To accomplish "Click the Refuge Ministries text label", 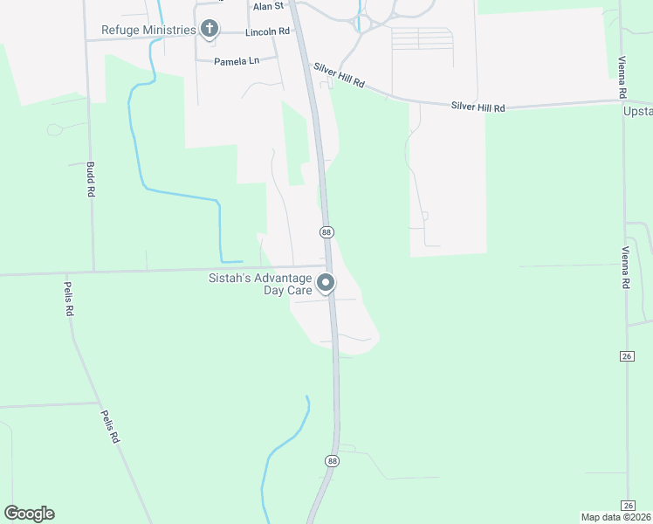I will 149,31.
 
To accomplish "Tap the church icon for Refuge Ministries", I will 209,30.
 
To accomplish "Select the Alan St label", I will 269,6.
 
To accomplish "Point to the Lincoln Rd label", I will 267,32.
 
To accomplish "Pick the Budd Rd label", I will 90,178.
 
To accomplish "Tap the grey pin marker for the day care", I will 326,284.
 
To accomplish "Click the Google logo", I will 29,514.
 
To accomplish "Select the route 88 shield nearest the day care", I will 326,231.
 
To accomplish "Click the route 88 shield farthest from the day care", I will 332,460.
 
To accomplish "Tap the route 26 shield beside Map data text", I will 628,506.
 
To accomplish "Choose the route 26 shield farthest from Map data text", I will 628,355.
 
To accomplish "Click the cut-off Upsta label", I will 638,112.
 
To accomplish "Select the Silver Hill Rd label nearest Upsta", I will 478,107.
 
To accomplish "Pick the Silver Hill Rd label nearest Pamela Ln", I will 340,79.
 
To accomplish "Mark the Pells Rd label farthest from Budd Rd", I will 108,427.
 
